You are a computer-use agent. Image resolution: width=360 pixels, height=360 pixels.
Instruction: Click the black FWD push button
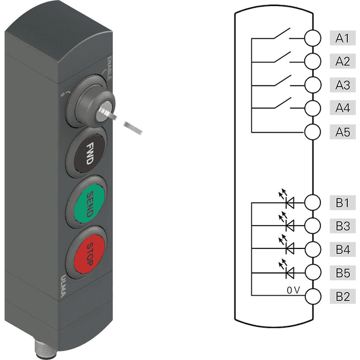89,153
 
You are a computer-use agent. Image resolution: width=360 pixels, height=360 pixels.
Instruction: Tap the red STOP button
89,254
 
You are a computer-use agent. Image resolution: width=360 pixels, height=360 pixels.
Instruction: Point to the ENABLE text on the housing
110,68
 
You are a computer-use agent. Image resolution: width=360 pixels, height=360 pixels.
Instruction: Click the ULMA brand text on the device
63,286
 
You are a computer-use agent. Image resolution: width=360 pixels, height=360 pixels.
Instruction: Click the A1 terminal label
343,38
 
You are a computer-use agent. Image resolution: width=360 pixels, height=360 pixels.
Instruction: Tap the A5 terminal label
343,132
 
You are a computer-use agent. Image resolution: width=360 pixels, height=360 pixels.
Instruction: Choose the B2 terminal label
343,296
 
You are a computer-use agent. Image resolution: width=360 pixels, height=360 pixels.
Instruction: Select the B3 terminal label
343,226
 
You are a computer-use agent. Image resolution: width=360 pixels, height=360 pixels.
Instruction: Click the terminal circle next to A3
313,85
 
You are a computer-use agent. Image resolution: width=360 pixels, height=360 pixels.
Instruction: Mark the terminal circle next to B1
313,202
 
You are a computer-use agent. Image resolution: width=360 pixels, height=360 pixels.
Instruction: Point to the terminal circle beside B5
313,272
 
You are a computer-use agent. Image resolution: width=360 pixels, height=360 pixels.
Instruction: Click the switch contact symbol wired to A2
283,58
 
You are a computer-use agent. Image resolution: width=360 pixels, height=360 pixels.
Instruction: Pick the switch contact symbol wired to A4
283,103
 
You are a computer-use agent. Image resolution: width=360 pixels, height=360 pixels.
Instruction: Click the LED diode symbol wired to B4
287,245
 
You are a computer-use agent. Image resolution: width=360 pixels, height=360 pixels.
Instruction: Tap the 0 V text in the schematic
293,290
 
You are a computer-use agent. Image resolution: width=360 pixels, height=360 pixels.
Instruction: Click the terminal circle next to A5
313,132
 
